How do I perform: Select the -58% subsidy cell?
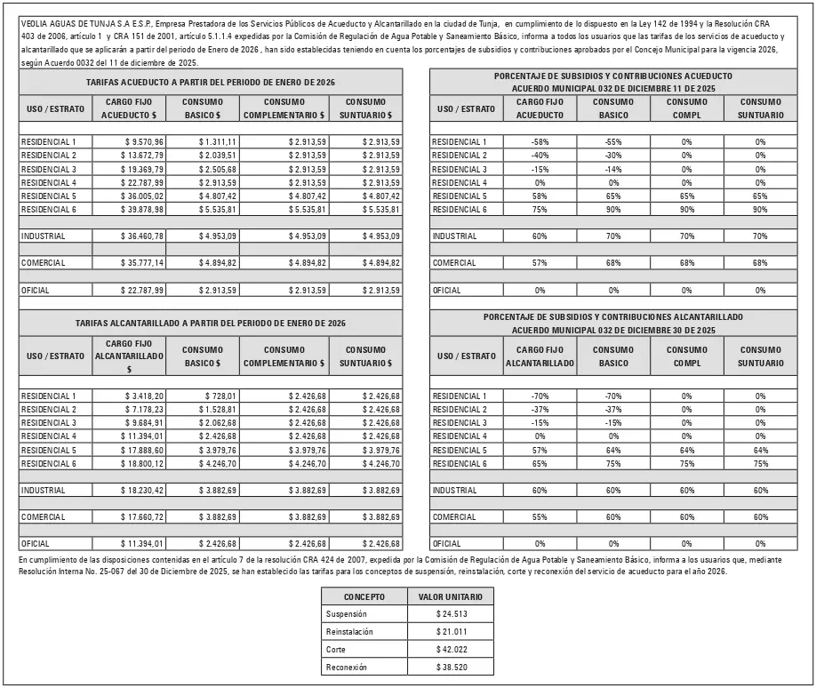pos(539,142)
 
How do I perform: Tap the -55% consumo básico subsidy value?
pos(612,142)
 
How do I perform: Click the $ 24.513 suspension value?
pos(452,614)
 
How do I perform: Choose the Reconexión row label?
pos(347,667)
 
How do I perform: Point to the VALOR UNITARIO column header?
pos(452,597)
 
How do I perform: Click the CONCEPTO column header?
pos(364,597)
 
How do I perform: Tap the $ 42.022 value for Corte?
pos(452,650)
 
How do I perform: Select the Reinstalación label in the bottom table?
pos(349,632)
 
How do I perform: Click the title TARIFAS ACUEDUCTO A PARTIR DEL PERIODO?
pos(210,82)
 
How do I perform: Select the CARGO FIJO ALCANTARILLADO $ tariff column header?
pos(129,356)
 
